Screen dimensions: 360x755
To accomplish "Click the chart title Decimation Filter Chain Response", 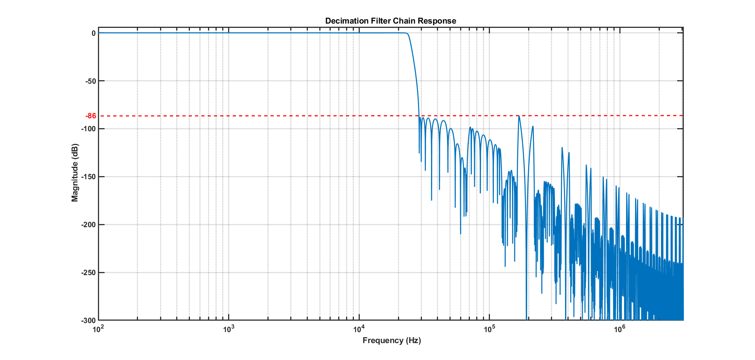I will pos(390,21).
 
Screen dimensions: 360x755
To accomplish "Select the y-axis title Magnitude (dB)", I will pos(75,173).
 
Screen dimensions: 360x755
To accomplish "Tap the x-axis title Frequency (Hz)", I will pos(392,340).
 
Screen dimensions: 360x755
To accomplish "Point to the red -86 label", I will pos(91,116).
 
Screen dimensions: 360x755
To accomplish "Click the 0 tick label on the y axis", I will pos(94,33).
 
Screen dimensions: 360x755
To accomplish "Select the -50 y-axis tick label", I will pos(91,81).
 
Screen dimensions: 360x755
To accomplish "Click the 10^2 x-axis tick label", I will pos(98,329).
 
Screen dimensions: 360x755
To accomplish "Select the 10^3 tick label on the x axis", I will pos(229,329).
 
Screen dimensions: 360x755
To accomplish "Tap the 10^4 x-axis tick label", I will pos(359,329).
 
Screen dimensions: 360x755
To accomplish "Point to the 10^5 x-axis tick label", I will pos(489,329).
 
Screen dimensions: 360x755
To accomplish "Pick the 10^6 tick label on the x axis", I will pos(620,329).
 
